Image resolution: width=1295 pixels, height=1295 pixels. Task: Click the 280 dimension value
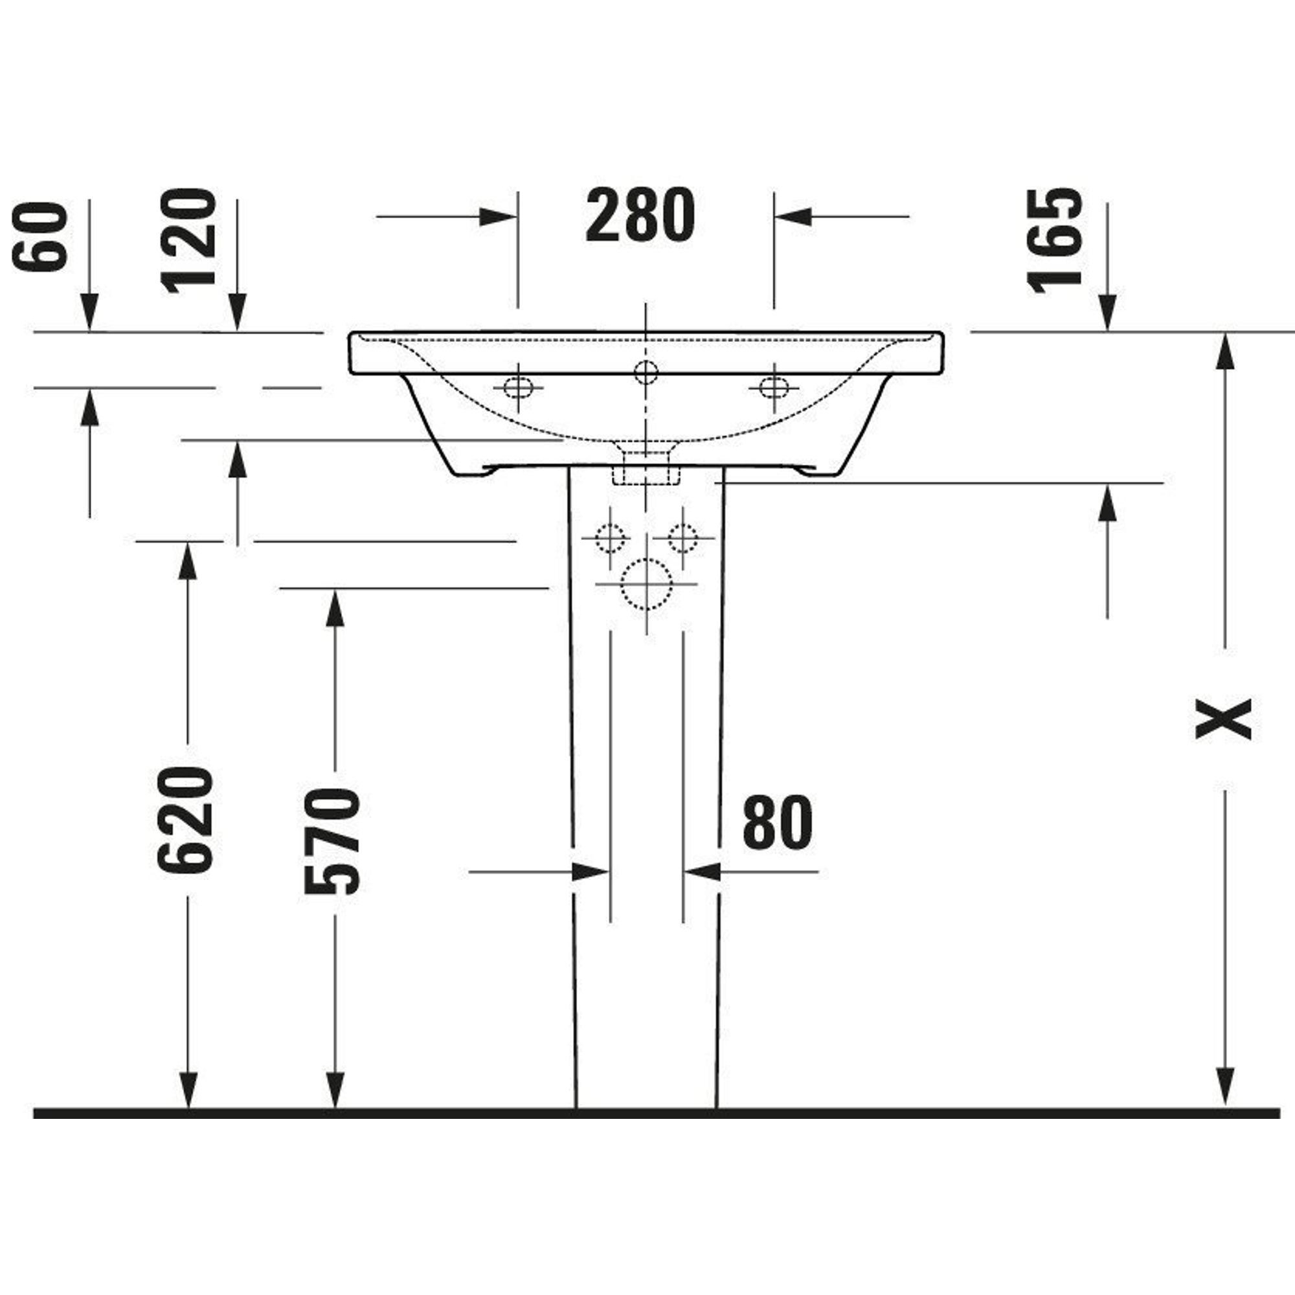coord(640,215)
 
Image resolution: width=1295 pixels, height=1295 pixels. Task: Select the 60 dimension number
coord(41,237)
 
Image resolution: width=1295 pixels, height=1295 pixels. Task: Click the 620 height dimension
coord(186,820)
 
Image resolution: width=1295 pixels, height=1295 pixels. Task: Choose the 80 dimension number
coord(777,822)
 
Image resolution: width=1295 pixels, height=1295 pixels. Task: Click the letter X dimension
coord(1224,719)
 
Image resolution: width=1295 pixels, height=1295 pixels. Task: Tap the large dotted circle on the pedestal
coord(646,584)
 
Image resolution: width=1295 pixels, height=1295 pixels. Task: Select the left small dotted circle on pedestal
coord(609,537)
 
